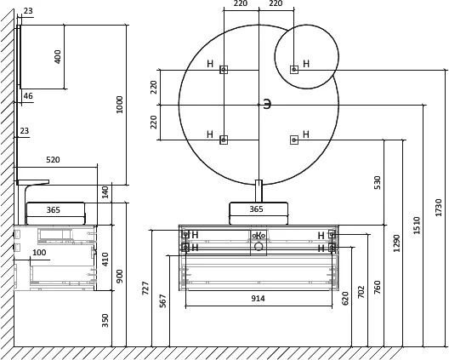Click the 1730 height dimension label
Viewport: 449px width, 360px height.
(439, 207)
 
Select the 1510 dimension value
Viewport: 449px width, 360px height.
(417, 225)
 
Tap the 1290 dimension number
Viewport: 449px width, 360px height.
(396, 243)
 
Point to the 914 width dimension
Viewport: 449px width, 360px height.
(258, 299)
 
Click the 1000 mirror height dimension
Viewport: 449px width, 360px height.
(119, 105)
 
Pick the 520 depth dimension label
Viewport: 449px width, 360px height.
(53, 160)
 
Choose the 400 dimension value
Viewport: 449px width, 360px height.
(58, 57)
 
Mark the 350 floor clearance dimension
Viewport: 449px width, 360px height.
(105, 321)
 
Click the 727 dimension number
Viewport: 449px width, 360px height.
(145, 288)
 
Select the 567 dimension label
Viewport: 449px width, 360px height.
(162, 300)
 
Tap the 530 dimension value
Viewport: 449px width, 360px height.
(378, 183)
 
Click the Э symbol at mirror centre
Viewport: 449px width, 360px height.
(267, 105)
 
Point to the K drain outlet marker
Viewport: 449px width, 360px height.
(259, 236)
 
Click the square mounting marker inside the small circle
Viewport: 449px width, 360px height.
(294, 70)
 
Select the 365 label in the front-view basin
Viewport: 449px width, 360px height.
(256, 209)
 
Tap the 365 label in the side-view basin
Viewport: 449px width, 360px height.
(54, 210)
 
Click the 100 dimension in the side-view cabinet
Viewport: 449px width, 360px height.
(39, 253)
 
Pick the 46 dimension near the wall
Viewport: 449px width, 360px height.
(28, 95)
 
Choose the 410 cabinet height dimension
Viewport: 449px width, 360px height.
(105, 260)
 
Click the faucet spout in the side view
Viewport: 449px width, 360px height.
(33, 182)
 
